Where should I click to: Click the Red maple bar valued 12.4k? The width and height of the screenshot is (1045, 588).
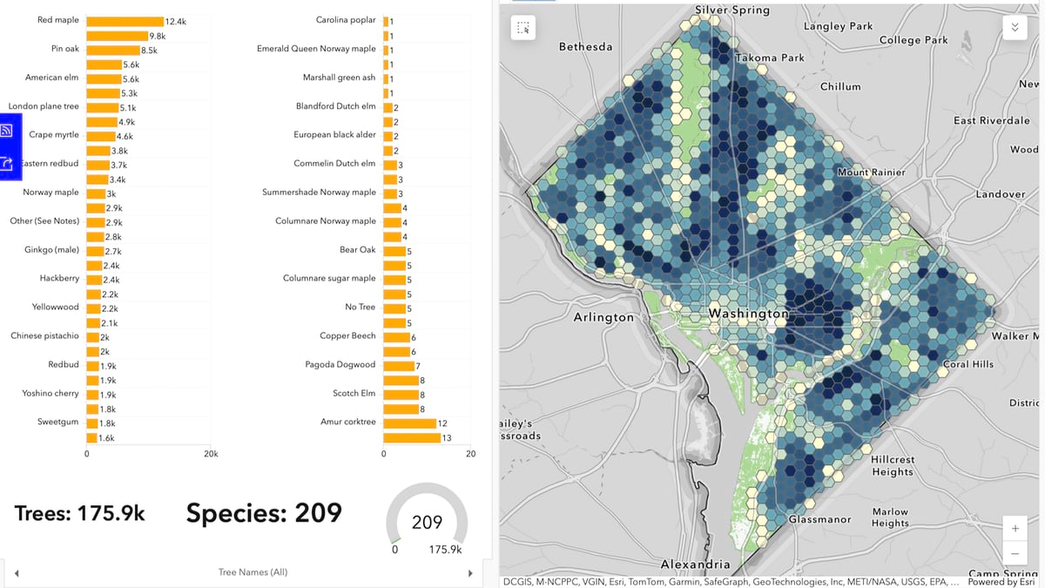tap(125, 21)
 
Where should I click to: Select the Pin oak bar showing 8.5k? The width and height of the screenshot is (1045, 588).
tap(112, 50)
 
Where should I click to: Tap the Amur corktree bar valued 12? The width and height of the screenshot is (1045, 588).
tap(409, 423)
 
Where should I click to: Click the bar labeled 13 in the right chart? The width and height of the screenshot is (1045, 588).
tap(411, 437)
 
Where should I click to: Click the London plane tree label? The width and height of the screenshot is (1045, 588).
tap(44, 106)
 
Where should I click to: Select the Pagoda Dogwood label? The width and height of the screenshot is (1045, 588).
tap(340, 364)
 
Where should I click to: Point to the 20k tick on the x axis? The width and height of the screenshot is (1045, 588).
tap(210, 454)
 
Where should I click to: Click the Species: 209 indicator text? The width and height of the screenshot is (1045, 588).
tap(264, 513)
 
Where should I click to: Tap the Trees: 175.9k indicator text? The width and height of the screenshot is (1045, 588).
tap(80, 514)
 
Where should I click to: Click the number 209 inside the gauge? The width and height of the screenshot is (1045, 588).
tap(427, 523)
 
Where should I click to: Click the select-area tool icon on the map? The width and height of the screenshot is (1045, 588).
tap(522, 28)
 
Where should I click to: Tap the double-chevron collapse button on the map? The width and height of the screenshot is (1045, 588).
tap(1014, 27)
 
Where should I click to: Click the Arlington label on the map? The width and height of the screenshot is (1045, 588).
tap(603, 317)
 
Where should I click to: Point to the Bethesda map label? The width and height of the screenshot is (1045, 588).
tap(585, 46)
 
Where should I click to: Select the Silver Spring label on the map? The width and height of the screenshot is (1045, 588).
tap(731, 10)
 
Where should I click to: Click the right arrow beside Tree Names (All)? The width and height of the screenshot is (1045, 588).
tap(470, 572)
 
